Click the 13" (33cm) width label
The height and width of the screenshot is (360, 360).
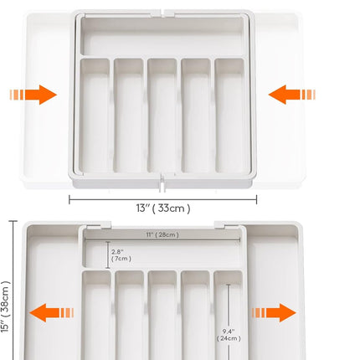coord(163,208)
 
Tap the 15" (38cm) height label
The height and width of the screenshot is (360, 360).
coord(5,306)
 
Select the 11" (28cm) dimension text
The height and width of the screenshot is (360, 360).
coord(162,234)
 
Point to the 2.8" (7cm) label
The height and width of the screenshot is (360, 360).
coord(121,255)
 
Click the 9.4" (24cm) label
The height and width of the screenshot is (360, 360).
coord(229,335)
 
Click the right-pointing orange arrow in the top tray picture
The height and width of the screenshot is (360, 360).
coord(33,95)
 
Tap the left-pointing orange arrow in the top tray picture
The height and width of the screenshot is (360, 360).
coord(292,95)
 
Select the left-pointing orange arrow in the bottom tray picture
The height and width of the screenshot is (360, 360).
coord(52,312)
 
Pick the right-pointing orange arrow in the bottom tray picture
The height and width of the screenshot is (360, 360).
coord(274,312)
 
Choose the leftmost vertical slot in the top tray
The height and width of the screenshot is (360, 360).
coord(95,116)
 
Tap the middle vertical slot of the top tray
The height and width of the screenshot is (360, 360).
coord(162,116)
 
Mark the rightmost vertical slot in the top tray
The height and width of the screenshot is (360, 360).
coord(229,116)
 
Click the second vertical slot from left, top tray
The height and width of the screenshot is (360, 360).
coord(128,116)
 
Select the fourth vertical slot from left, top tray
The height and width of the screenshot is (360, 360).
coord(196,116)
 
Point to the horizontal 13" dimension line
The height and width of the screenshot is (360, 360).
coord(163,199)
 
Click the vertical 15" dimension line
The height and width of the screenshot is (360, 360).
coord(13,291)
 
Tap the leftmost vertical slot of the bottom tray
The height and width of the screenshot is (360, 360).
coord(96,316)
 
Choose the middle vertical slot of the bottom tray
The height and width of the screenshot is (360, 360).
coord(162,316)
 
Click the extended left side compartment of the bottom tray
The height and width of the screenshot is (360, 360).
coord(53,293)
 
